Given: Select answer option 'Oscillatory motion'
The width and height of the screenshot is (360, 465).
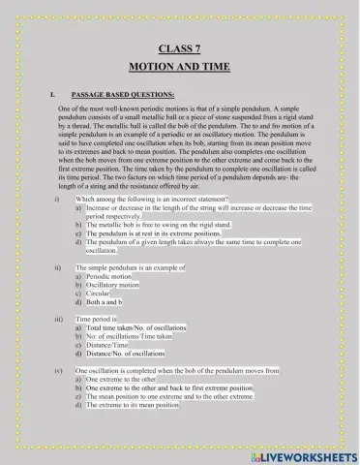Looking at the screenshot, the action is click(113, 286).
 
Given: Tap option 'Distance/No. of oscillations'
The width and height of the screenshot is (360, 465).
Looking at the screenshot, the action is click(125, 355).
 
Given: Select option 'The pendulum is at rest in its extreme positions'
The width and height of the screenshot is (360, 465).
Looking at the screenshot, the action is click(160, 233).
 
